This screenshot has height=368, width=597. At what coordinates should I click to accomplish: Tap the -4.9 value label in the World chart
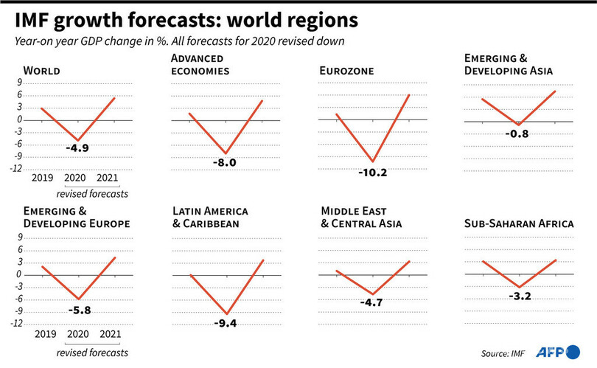tap(77, 148)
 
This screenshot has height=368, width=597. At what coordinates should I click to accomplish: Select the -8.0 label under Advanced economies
tap(225, 162)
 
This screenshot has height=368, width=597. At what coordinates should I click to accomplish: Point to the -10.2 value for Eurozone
tap(371, 173)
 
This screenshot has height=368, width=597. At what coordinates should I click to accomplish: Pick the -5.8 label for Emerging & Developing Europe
tap(79, 310)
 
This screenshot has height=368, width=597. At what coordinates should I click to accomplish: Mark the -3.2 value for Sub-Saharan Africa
tap(519, 296)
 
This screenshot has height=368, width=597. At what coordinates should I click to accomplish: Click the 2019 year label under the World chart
tap(43, 179)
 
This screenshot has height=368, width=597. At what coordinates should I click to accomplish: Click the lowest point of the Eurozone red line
tap(373, 162)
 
